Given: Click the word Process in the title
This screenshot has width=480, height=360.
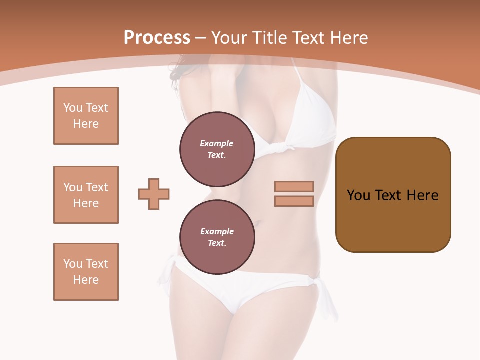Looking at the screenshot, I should tap(157, 38).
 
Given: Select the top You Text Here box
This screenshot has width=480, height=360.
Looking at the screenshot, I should tap(86, 116).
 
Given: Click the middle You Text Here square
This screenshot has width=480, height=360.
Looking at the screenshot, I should tap(86, 195).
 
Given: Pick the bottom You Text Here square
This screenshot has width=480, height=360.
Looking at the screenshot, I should tap(86, 272).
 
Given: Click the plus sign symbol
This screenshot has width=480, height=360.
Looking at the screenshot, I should tap(154, 194).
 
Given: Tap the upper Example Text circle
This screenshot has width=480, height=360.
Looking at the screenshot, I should tap(217, 149).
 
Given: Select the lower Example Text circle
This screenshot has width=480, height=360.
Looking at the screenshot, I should tap(217, 237).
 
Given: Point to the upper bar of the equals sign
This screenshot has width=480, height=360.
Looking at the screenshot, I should tap(294, 186).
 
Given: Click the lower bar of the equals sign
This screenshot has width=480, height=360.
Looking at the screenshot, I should tap(294, 201).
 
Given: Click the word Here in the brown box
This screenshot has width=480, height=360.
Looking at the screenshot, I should tap(422, 195).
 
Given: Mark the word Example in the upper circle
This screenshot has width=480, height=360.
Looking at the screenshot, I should tap(217, 143).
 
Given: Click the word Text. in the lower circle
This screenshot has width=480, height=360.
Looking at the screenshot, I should tap(217, 243).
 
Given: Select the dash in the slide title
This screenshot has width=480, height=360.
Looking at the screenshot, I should tap(201, 38).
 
